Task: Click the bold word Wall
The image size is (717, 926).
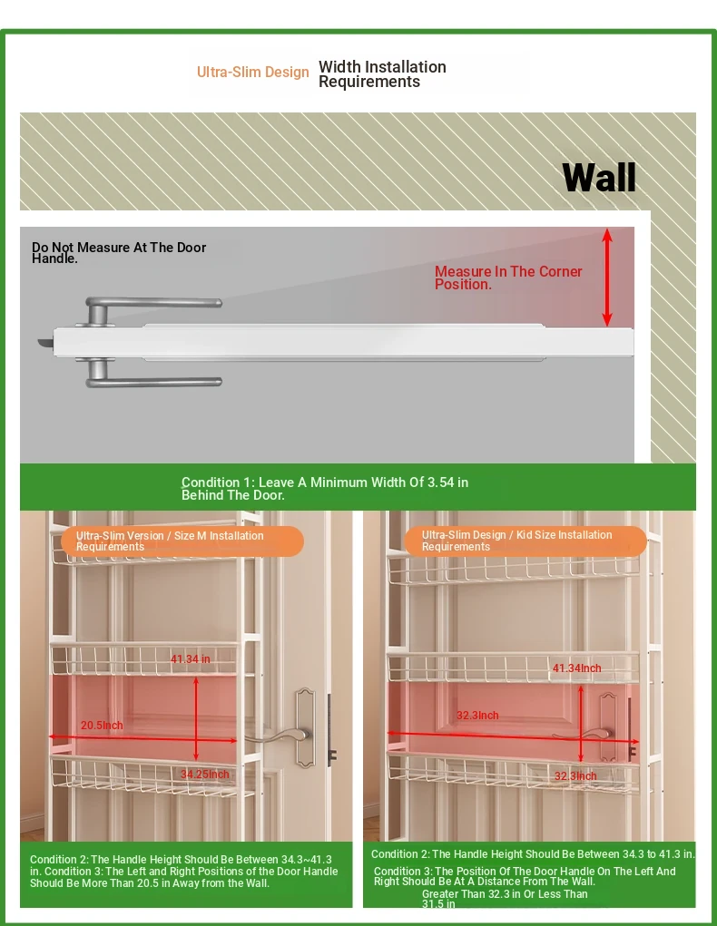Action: tap(599, 177)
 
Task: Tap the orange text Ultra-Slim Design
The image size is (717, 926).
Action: tap(253, 72)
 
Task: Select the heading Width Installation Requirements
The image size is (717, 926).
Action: tap(382, 73)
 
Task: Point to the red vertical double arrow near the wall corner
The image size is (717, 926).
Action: tap(607, 278)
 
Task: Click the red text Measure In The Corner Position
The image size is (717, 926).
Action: tap(508, 278)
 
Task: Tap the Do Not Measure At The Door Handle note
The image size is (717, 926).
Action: tap(119, 253)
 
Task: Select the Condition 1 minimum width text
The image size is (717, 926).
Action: tap(325, 488)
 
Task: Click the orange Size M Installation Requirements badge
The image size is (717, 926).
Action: tap(182, 541)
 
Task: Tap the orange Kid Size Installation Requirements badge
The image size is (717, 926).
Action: tap(525, 541)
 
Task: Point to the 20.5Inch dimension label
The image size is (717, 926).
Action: tap(102, 726)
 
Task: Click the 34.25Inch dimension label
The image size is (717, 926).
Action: tap(204, 775)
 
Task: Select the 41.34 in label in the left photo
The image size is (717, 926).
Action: tap(191, 659)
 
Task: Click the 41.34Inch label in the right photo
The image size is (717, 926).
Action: tap(577, 668)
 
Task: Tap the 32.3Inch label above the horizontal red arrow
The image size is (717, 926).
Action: tap(477, 716)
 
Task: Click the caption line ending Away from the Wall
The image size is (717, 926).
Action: tap(150, 883)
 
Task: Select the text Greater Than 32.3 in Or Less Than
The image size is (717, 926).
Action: tap(505, 894)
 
